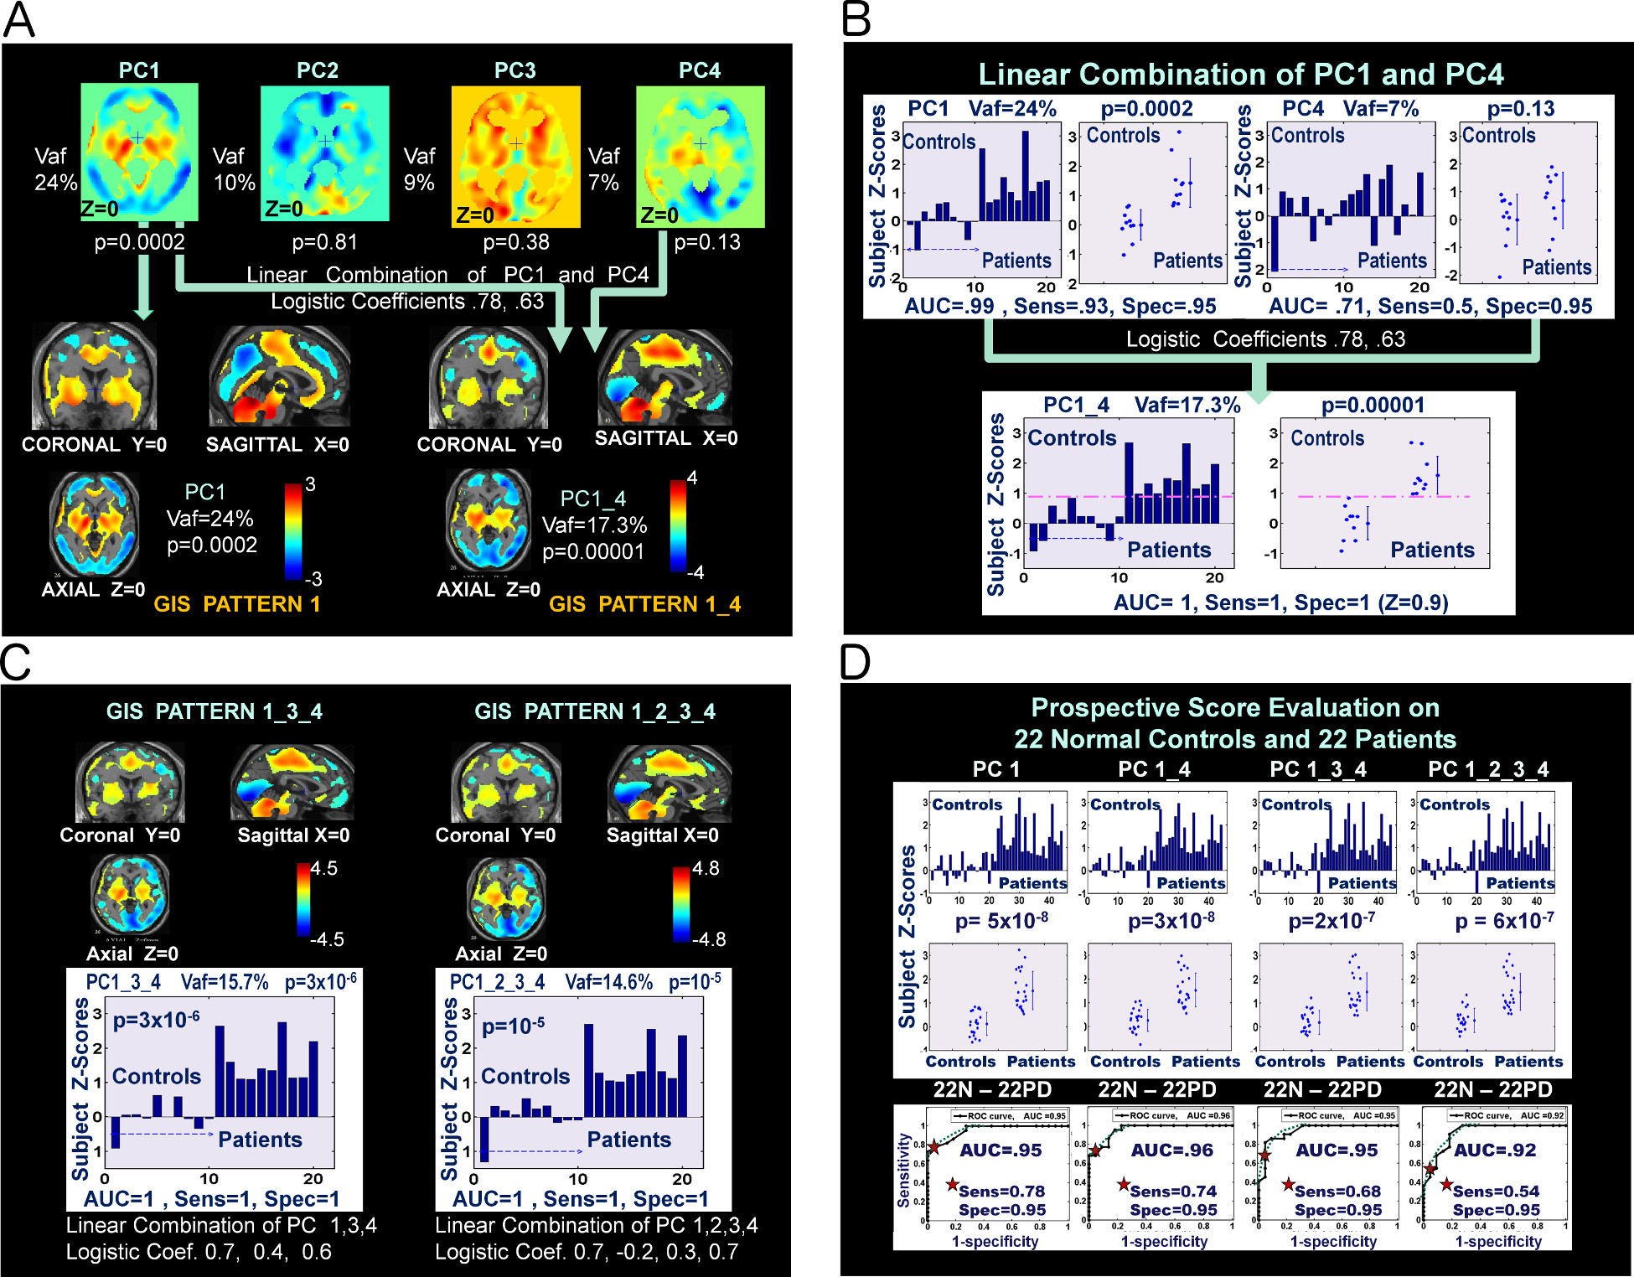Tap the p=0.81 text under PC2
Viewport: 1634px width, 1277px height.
pyautogui.click(x=324, y=242)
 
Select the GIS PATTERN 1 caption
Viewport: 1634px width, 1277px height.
pyautogui.click(x=237, y=604)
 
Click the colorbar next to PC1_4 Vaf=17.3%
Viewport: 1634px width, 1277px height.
pyautogui.click(x=678, y=526)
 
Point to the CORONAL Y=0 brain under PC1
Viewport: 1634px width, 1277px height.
pyautogui.click(x=95, y=376)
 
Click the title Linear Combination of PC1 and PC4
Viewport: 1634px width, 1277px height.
pyautogui.click(x=1240, y=75)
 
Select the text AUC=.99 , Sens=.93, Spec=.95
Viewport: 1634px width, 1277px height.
pyautogui.click(x=1060, y=307)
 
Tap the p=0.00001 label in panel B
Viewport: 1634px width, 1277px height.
pyautogui.click(x=1373, y=406)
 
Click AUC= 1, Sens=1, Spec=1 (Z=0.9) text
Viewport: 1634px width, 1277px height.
pyautogui.click(x=1280, y=602)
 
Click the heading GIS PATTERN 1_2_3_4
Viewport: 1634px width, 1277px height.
pyautogui.click(x=595, y=711)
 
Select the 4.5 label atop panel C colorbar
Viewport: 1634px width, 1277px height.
pyautogui.click(x=323, y=868)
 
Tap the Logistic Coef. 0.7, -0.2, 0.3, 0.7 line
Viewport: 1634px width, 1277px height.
pyautogui.click(x=587, y=1252)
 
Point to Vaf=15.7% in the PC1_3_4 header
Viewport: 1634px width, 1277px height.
pyautogui.click(x=225, y=982)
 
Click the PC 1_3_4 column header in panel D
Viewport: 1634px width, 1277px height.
pyautogui.click(x=1317, y=769)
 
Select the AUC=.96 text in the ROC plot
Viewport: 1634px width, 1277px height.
pyautogui.click(x=1171, y=1150)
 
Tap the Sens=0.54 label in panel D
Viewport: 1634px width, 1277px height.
pyautogui.click(x=1496, y=1191)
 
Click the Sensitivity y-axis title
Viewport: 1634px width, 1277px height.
pyautogui.click(x=903, y=1170)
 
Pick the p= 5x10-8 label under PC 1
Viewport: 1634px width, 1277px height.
pyautogui.click(x=1001, y=922)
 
